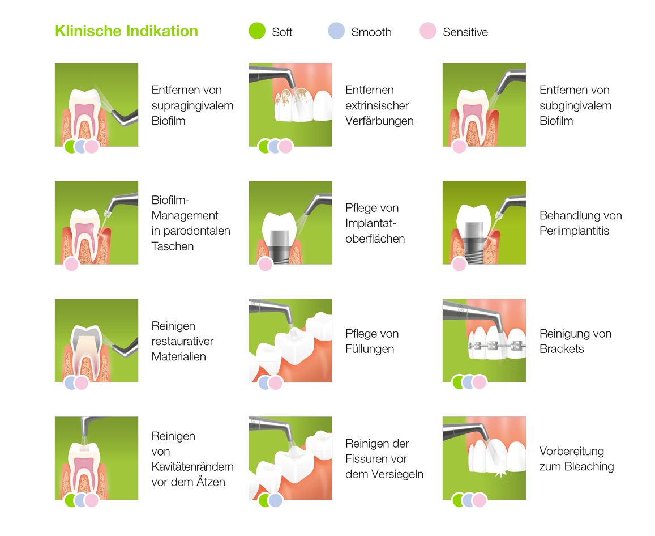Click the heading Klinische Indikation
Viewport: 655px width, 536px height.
(126, 31)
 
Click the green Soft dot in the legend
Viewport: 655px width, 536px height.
(257, 31)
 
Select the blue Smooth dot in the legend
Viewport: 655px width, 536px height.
(336, 31)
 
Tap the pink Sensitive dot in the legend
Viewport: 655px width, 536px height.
(428, 31)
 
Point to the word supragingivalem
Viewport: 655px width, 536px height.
(192, 105)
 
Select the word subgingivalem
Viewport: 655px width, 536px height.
(575, 105)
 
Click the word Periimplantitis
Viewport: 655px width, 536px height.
(574, 231)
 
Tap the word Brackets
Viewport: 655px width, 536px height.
(562, 349)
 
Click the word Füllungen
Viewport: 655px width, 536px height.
(372, 349)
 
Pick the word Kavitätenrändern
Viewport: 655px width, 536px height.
(192, 467)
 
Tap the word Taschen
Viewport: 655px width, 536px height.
(173, 246)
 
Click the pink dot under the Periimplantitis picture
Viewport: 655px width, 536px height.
(459, 264)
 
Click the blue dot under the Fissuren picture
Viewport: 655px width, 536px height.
(275, 500)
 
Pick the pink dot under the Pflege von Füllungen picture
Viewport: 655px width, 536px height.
(275, 382)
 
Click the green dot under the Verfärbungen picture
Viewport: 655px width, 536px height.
(265, 147)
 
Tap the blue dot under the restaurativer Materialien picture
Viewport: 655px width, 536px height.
(71, 382)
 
